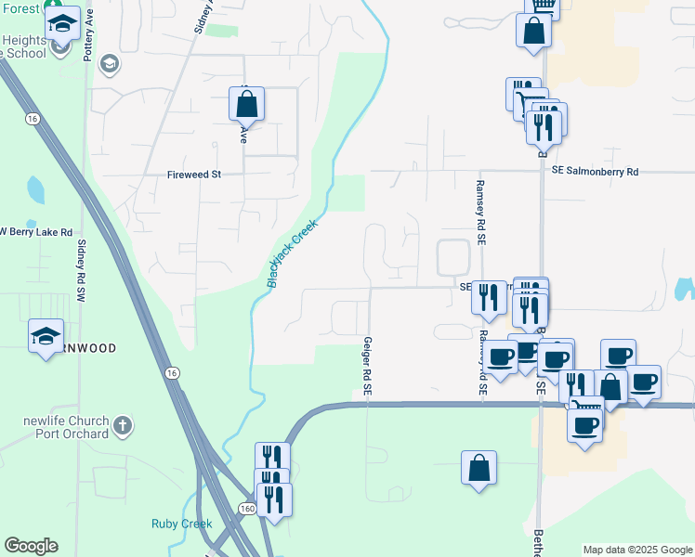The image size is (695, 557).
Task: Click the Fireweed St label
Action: pos(193,174)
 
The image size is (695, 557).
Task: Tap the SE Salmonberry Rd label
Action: pos(595,171)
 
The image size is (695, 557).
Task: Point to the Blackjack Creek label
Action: pos(293,253)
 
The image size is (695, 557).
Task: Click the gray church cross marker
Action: pos(124,427)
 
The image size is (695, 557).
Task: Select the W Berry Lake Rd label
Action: pos(34,231)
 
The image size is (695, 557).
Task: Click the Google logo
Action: pos(31,546)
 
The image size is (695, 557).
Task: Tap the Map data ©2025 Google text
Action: pos(636,550)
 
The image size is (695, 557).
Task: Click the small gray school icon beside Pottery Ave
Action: pos(110,63)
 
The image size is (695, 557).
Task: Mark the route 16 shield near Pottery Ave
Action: pos(33,119)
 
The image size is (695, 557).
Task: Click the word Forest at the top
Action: pos(20,8)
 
